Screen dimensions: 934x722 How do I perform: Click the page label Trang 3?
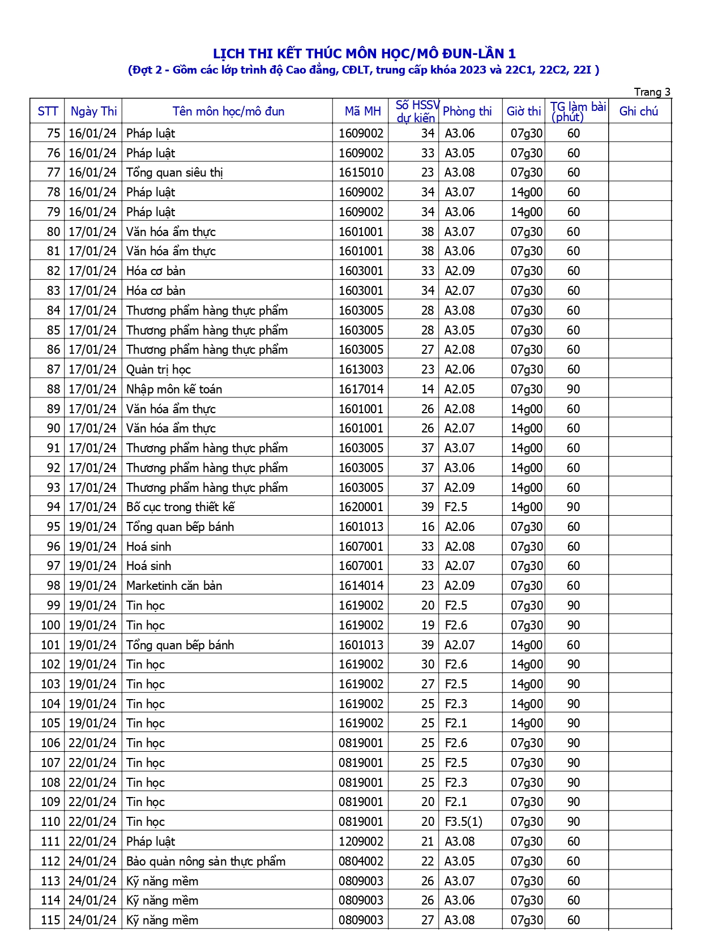coord(652,92)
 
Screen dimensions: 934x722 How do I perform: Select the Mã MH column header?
coord(362,112)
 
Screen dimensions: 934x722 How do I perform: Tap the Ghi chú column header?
coord(638,112)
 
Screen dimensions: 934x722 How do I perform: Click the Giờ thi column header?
coord(523,112)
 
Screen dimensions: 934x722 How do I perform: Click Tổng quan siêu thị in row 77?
coord(174,173)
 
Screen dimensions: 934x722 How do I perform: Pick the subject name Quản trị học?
coord(158,370)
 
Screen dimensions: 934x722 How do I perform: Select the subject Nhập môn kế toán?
coord(174,389)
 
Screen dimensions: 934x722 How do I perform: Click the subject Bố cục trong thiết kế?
coord(180,507)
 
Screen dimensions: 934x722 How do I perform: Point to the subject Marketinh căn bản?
coord(174,586)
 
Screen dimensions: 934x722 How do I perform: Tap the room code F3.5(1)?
coord(463,822)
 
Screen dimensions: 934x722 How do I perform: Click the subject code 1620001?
coord(361,507)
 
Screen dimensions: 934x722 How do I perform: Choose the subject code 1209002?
coord(361,842)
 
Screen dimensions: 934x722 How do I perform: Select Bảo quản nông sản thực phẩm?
coord(206,862)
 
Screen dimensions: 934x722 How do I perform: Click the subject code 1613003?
coord(361,370)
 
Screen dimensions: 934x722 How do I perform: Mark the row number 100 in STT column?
coord(50,625)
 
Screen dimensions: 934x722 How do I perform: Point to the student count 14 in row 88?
coord(428,389)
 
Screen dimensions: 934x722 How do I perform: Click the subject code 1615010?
coord(361,173)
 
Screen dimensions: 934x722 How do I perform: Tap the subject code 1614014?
coord(361,586)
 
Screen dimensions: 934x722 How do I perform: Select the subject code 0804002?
coord(361,862)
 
